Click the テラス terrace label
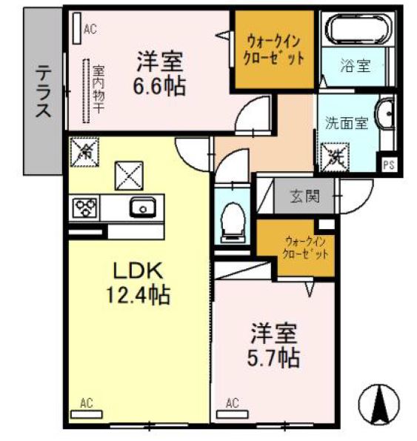[44, 91]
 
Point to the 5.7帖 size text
[273, 359]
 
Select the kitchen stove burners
[86, 208]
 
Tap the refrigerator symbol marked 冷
[84, 153]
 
